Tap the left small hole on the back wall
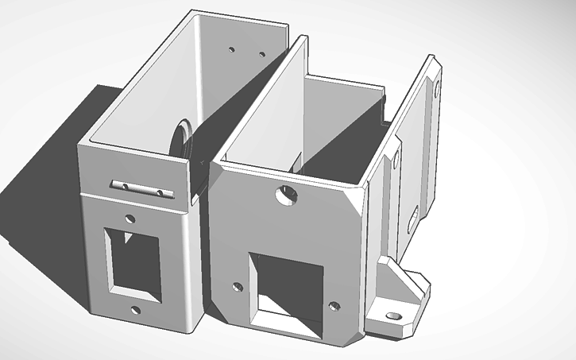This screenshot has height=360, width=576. coord(231,49)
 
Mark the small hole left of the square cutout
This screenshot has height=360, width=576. coord(238,287)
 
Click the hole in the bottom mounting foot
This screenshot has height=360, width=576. coord(391,315)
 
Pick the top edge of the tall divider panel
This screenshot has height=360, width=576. coord(262,95)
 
